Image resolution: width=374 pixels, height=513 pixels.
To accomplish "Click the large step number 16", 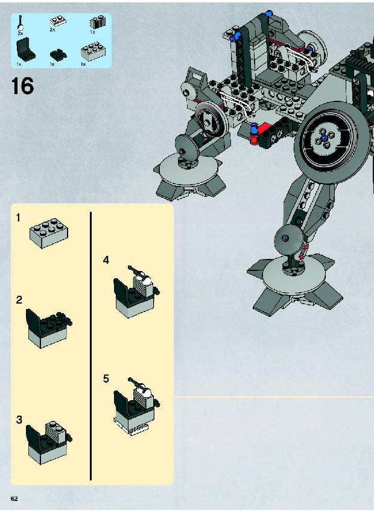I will click(22, 86).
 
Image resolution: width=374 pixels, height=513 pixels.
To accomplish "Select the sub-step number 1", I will click(19, 217).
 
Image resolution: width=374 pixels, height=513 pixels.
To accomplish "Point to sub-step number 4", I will click(106, 261).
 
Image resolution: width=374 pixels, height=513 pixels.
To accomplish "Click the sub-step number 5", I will click(106, 379).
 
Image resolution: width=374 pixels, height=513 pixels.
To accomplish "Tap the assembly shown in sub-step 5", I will click(135, 405).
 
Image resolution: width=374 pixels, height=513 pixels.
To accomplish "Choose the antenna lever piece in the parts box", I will click(20, 23).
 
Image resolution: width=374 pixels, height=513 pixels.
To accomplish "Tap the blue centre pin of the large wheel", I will click(325, 138).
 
